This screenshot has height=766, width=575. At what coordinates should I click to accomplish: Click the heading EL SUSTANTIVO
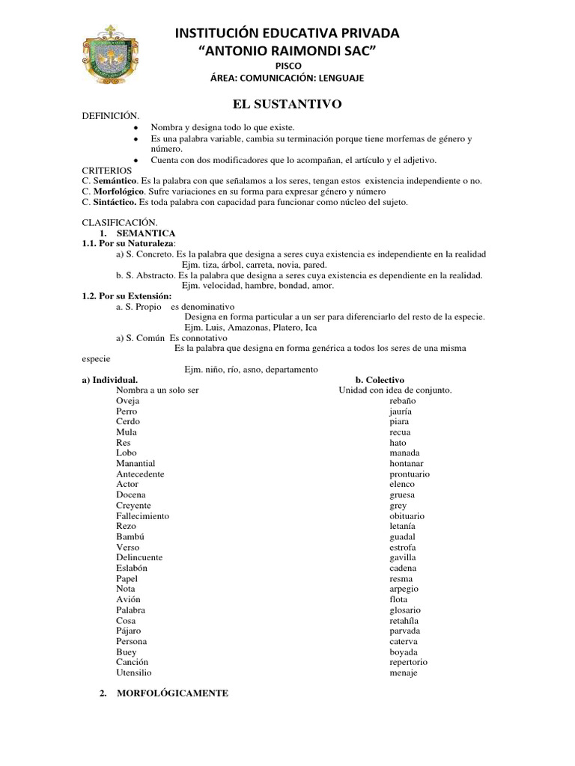(x=287, y=105)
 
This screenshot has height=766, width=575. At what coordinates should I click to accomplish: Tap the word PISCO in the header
(x=287, y=66)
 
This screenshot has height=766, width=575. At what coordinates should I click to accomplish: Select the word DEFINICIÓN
(x=111, y=117)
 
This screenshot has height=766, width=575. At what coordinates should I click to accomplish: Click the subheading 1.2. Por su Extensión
(x=121, y=296)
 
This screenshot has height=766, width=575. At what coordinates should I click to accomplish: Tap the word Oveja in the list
(x=128, y=401)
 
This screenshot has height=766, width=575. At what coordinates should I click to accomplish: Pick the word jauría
(x=401, y=411)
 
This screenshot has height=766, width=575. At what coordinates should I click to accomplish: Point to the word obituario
(x=407, y=516)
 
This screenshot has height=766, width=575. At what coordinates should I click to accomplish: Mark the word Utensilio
(x=134, y=672)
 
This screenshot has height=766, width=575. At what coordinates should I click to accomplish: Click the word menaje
(x=404, y=672)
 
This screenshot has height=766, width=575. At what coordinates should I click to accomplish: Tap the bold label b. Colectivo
(x=380, y=380)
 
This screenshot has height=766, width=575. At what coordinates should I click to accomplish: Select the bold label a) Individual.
(x=109, y=380)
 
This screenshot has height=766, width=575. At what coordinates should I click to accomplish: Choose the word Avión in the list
(x=128, y=599)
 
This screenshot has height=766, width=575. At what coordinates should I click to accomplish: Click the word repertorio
(x=408, y=662)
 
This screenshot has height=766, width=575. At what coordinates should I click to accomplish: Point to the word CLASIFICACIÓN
(x=119, y=223)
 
